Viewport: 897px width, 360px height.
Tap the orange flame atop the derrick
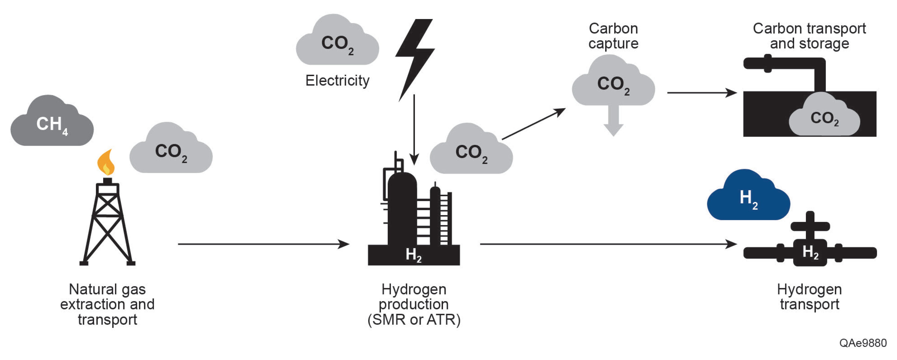coord(106,163)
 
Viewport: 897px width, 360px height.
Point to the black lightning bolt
coord(414,56)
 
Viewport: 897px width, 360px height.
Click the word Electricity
coord(337,81)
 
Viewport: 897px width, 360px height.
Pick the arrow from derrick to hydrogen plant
coord(263,244)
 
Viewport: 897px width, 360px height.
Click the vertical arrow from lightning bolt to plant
coord(414,129)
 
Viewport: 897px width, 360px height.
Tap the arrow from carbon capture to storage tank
coord(701,93)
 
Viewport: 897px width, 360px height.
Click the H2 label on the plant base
coord(413,254)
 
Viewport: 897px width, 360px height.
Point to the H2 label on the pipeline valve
coord(810,252)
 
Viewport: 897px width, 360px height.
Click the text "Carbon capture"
coord(613,36)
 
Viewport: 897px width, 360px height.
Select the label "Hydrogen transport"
coord(809,297)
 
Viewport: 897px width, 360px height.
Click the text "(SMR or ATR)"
coord(414,320)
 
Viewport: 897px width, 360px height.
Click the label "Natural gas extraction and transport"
coord(107,304)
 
